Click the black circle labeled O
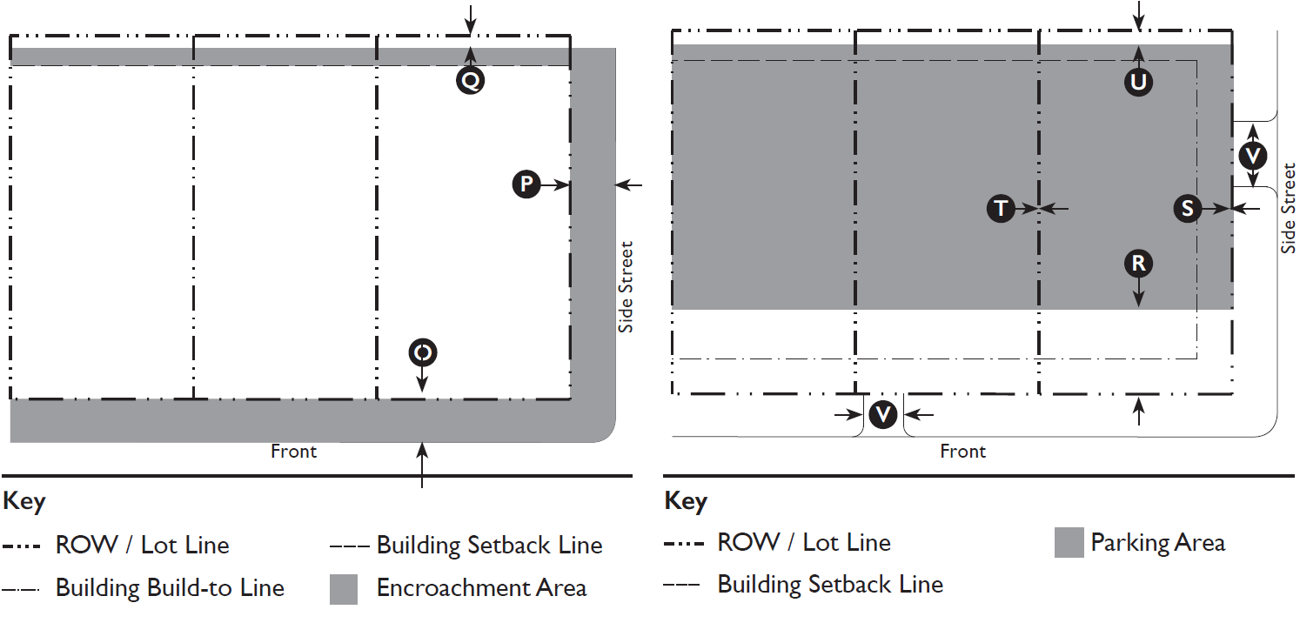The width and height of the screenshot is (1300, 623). coord(422,352)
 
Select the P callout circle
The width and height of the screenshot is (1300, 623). coord(526,184)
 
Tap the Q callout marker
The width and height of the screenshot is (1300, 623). coord(470,81)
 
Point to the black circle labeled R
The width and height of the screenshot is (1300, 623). coord(1138,264)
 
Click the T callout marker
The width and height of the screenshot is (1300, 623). coord(1002,209)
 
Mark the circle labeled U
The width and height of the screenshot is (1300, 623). coord(1138,82)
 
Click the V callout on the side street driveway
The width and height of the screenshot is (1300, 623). coord(1252,156)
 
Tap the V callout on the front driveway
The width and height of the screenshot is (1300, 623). coord(883,414)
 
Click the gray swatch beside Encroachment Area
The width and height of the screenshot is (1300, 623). coord(344,589)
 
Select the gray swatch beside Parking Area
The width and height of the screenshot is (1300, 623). coord(1069,543)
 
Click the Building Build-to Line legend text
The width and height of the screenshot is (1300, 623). coord(170,588)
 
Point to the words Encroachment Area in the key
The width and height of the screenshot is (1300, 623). coord(481,588)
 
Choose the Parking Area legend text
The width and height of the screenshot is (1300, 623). coord(1157,543)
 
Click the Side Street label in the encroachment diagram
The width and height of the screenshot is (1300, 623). coord(626,286)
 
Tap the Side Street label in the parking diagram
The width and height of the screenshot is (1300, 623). coord(1288,209)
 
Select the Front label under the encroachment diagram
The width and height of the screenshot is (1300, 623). coord(293,452)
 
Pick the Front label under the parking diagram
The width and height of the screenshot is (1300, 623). coord(962,452)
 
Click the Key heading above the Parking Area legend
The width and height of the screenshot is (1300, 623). coord(686,502)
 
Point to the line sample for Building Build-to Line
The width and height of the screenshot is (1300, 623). coord(21,589)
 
